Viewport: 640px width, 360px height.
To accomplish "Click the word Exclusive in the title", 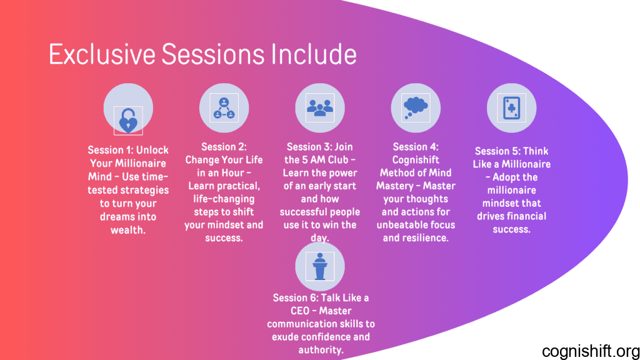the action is pos(102,54).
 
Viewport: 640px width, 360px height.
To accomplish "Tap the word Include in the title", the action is pos(314,54).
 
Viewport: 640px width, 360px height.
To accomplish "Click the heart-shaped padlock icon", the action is pos(128,121).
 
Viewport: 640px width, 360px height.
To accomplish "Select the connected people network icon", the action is pos(224,108).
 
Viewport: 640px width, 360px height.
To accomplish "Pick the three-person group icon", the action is pos(320,107).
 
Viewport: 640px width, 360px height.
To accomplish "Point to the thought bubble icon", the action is pos(416,107).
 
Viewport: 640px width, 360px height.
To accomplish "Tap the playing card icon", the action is pos(511,108).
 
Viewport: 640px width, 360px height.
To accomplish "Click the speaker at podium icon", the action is pos(320,266).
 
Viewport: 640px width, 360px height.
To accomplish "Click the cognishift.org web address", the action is pos(591,351).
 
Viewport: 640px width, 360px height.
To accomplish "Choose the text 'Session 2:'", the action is pos(224,147).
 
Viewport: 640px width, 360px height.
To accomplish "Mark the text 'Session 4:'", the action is pos(416,147).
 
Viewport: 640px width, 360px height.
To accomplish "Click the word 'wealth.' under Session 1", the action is pos(128,230).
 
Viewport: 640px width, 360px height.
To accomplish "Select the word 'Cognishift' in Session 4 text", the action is pos(416,160).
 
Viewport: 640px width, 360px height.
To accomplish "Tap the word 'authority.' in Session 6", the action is pos(321,350).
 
